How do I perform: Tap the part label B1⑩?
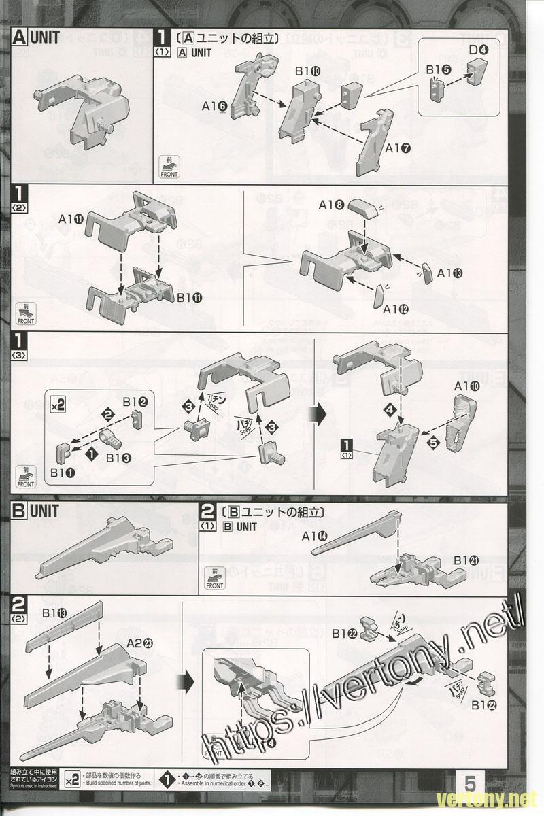tap(308, 71)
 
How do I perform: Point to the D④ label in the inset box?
tap(479, 49)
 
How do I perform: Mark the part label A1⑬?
tap(450, 273)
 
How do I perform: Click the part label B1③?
tap(119, 458)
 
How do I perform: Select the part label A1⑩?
tap(467, 386)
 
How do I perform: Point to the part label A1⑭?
tap(314, 536)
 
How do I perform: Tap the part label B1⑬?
tap(56, 614)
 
